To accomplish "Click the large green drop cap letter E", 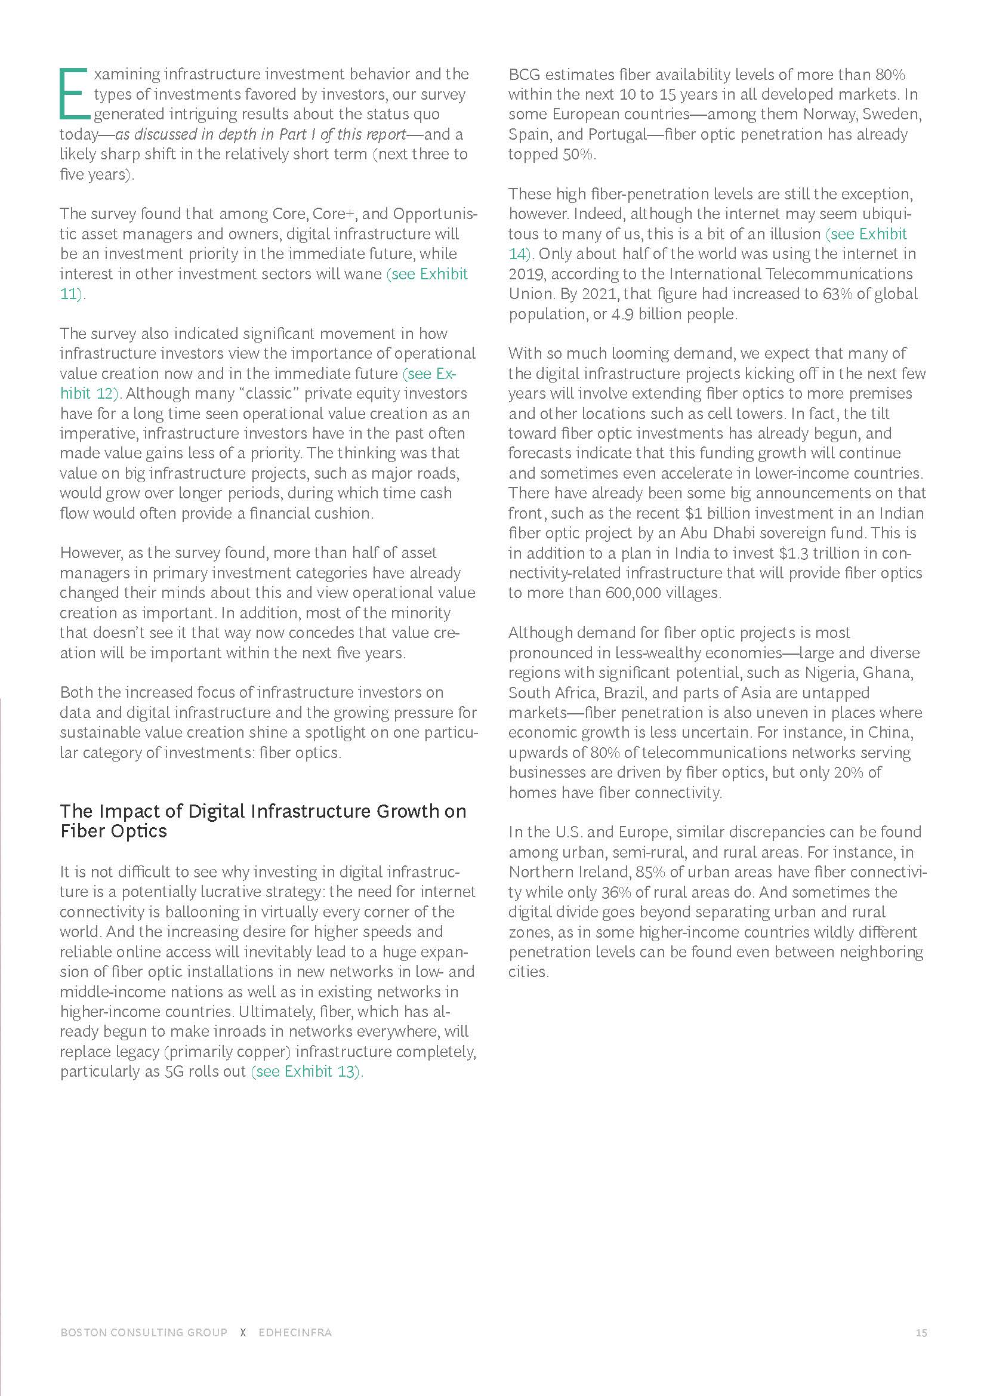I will coord(74,94).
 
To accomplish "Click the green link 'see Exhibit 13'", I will coord(307,1071).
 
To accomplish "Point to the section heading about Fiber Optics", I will coord(263,821).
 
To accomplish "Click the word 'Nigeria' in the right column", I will coord(831,673).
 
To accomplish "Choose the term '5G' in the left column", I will coord(174,1071).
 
